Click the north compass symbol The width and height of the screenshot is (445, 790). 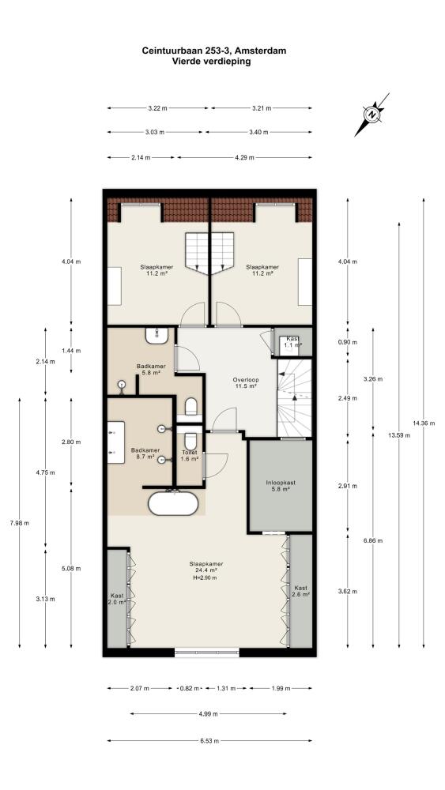coord(372,115)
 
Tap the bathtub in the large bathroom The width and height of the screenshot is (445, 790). coord(173,503)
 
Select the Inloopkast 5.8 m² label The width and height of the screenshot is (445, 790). coord(281,486)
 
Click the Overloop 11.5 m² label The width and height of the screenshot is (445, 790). coord(245,382)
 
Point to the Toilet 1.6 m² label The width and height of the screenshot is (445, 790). coord(190,456)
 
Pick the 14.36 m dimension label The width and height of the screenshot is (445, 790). coord(424,423)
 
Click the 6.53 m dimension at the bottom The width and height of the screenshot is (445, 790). coord(209,741)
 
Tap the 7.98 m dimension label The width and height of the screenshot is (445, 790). coord(19,522)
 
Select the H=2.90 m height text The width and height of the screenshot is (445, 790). coord(206,577)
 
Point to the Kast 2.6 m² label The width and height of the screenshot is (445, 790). coord(301,591)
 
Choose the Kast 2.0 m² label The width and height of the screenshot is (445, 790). coord(116,599)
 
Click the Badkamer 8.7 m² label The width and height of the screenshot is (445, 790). coord(145,453)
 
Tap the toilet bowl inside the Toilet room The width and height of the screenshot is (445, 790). coord(190,441)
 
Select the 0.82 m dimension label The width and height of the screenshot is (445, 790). coord(190,688)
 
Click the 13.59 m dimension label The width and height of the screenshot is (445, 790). coord(399,435)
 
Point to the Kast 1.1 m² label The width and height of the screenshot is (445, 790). coord(294,342)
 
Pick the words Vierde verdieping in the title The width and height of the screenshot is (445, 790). coord(211,62)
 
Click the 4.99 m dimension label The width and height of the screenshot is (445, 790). coord(209,713)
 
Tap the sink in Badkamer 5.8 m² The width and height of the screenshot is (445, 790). coord(157,335)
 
